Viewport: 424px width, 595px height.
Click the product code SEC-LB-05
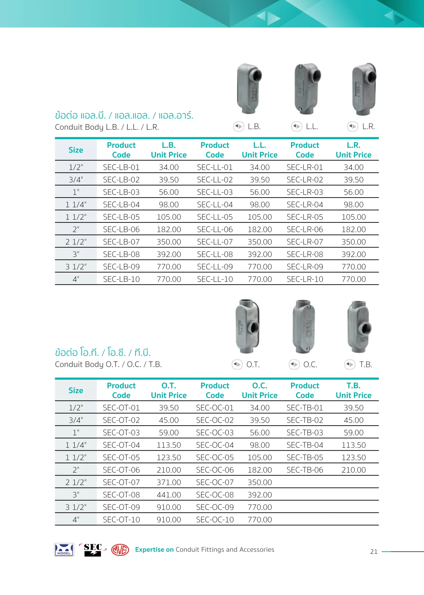coord(121,217)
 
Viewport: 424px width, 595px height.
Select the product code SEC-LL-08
coord(215,254)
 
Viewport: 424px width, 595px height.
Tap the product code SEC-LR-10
coord(305,279)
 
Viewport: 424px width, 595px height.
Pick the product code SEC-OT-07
coord(121,482)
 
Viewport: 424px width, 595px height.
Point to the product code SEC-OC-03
coord(215,433)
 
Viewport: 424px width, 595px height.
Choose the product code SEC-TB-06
coord(305,470)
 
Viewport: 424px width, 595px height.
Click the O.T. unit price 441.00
coord(169,495)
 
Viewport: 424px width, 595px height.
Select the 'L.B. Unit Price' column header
coord(169,150)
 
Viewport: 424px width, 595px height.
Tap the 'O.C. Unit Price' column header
coord(260,390)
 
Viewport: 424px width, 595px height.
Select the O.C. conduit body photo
coord(304,326)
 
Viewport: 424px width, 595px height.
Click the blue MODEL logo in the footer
coord(64,550)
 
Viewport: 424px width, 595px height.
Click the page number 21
coord(374,552)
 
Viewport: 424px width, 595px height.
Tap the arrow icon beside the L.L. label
coord(297,126)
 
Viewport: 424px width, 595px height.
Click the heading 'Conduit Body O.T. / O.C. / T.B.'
coord(108,364)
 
